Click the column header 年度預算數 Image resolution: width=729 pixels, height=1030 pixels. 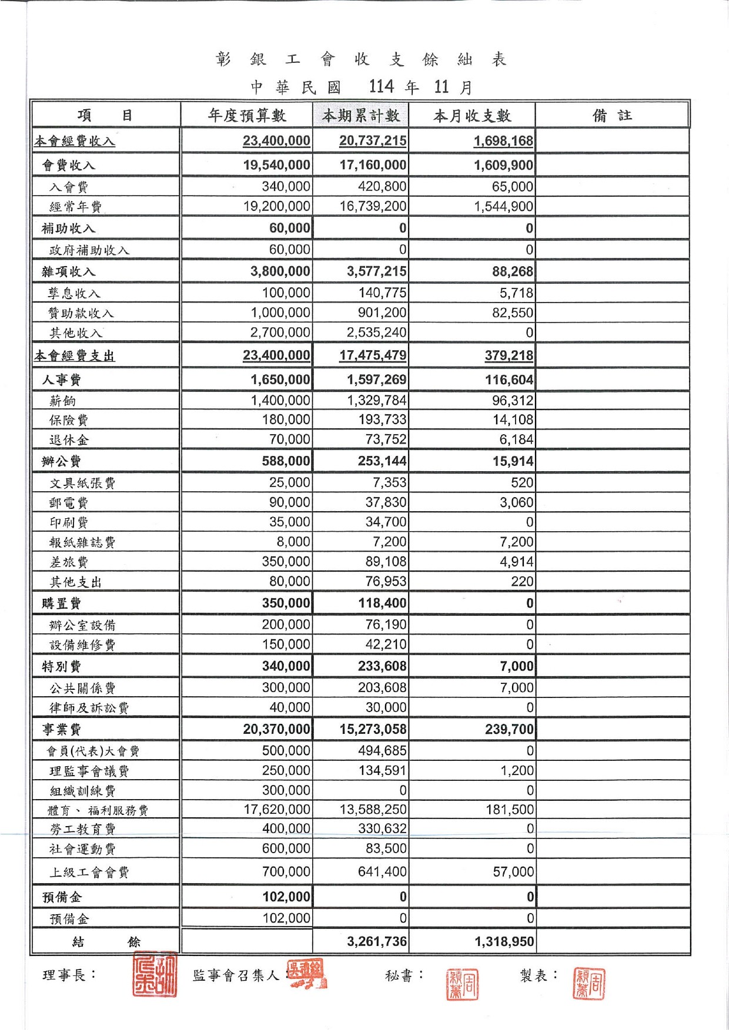[247, 115]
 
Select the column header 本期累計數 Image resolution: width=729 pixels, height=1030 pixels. [360, 115]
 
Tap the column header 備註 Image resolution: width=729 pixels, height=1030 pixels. [612, 115]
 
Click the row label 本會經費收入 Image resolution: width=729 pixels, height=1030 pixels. [75, 141]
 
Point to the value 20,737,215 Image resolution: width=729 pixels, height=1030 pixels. [373, 141]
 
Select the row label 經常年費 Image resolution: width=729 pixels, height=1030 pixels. [75, 207]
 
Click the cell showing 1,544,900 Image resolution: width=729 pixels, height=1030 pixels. [504, 207]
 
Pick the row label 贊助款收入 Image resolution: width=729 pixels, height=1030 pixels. [81, 313]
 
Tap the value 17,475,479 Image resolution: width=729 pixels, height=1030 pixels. [373, 355]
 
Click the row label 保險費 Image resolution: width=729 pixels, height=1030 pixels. [69, 420]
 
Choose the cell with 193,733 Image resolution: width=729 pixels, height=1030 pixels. [382, 420]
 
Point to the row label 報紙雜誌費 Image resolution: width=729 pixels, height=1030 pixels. [82, 542]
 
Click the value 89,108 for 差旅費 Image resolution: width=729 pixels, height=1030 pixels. [386, 562]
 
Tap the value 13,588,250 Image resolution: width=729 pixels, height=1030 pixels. [373, 810]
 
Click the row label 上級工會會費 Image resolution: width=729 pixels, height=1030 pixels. [89, 873]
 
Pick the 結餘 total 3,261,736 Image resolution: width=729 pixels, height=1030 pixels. [377, 942]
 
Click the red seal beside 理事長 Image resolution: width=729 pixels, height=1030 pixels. [155, 974]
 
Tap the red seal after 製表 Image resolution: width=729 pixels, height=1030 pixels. [589, 984]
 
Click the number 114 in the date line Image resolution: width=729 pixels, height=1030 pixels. [381, 87]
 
